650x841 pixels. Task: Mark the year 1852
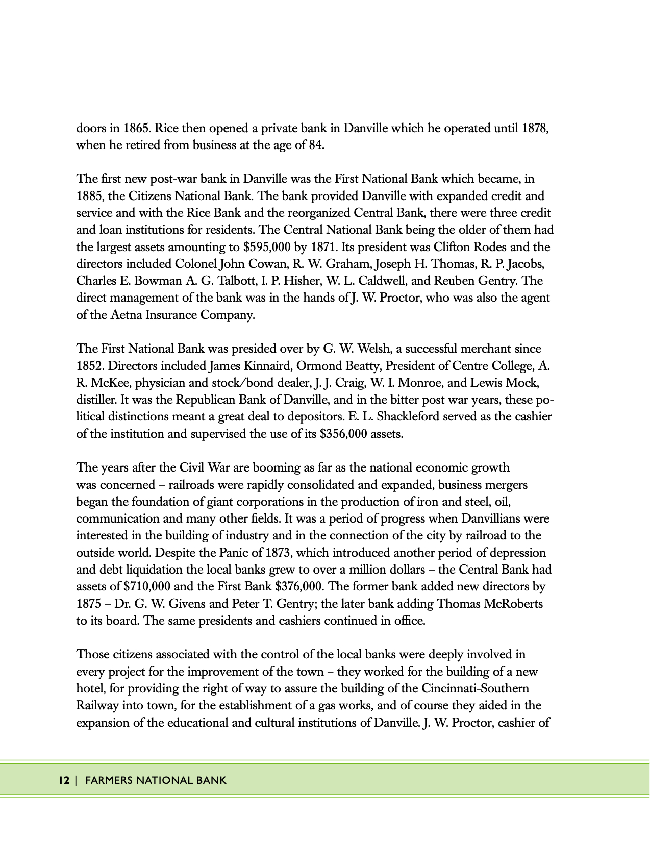[x=90, y=366]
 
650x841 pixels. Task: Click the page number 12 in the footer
[x=63, y=780]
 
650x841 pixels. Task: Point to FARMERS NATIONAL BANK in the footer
[x=156, y=780]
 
